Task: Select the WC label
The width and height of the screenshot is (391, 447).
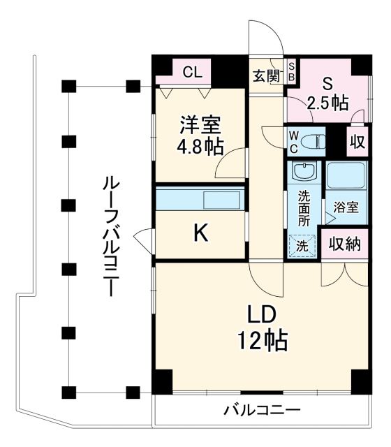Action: point(293,142)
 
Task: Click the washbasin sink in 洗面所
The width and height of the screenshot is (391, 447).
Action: point(304,173)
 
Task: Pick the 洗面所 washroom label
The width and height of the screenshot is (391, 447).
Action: point(304,207)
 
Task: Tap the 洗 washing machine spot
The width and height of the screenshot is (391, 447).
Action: point(303,245)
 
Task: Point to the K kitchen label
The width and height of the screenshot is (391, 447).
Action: point(200,234)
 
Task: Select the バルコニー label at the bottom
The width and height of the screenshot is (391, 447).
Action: point(262,411)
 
